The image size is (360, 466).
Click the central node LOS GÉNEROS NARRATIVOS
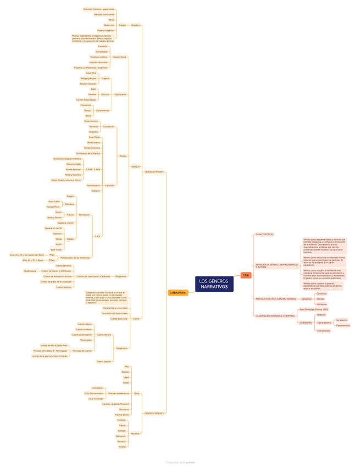(214, 284)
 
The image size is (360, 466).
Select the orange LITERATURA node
(178, 293)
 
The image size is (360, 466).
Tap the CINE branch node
(246, 275)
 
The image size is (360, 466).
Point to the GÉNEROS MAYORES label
(154, 172)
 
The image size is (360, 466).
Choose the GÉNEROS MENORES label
(154, 413)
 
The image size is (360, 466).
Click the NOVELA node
(135, 167)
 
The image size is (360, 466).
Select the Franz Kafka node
(54, 202)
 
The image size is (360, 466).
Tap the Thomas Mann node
(53, 207)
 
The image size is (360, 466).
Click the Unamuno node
(57, 234)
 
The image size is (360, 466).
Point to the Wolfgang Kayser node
(88, 78)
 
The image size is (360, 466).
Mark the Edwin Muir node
(91, 73)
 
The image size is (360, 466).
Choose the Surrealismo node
(341, 320)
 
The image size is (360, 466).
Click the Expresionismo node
(342, 325)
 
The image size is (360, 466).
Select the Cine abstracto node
(323, 331)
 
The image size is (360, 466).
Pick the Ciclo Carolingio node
(96, 398)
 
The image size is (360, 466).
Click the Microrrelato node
(86, 340)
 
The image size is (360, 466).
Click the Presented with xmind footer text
(180, 462)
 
